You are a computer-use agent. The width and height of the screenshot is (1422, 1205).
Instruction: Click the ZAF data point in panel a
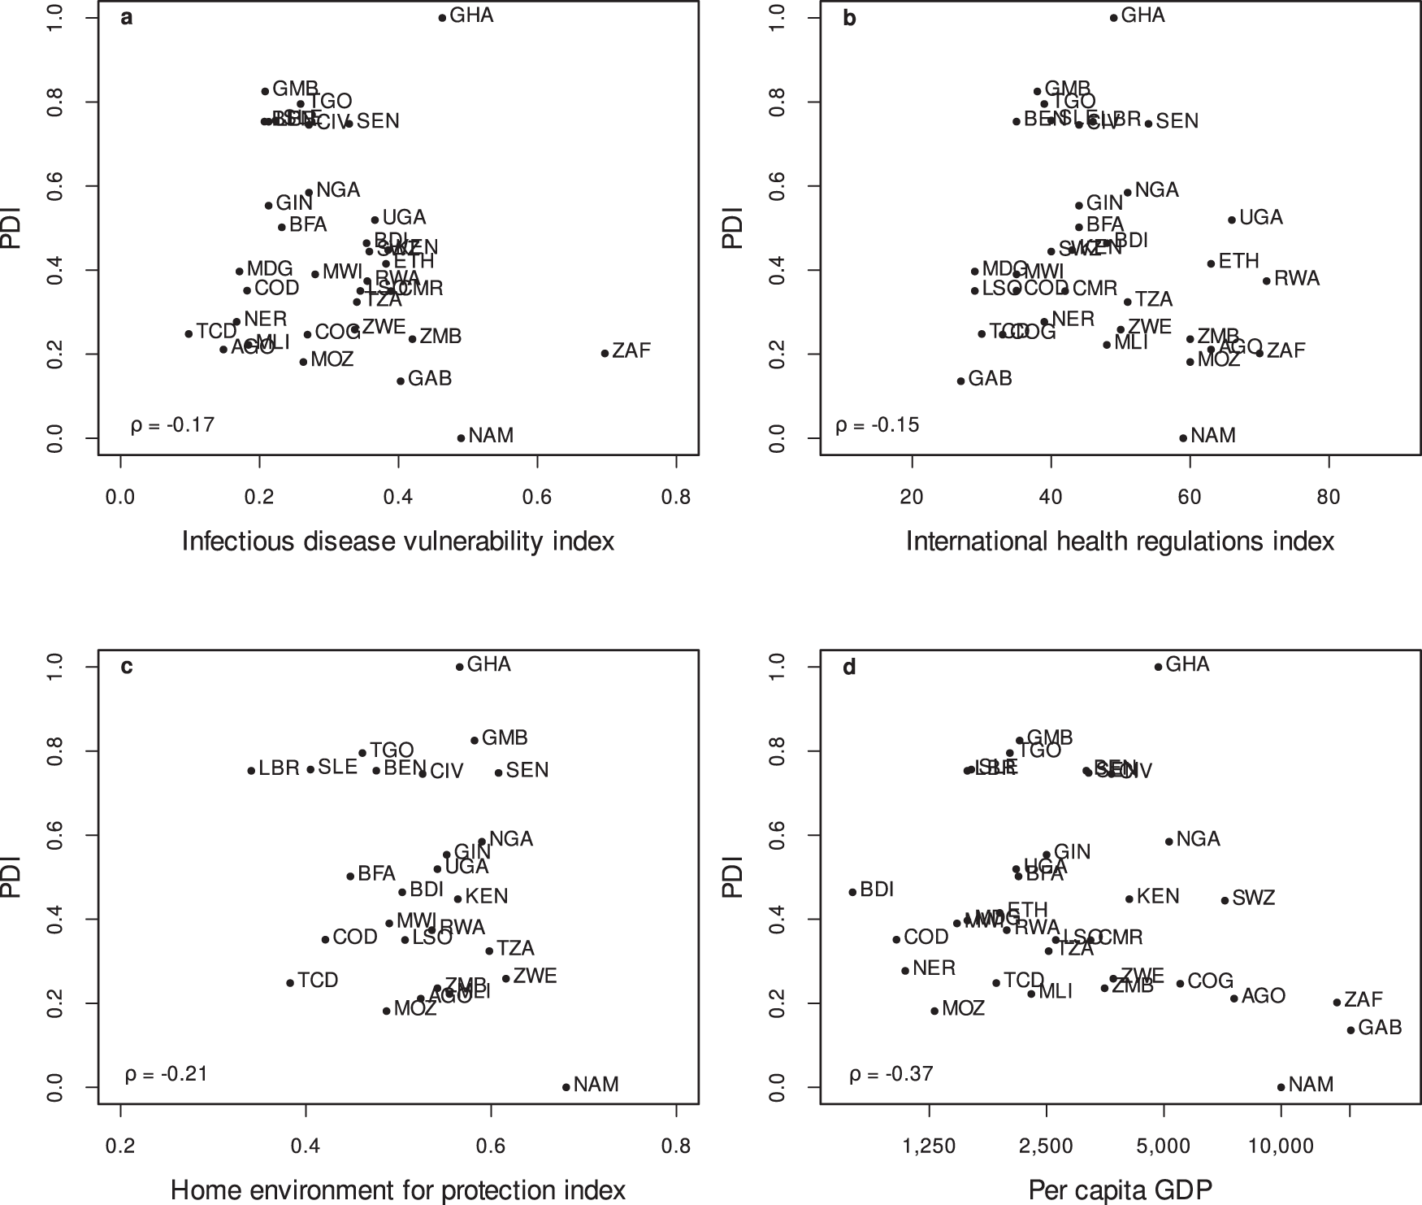605,353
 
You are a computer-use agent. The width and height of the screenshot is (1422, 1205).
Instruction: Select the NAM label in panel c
596,1084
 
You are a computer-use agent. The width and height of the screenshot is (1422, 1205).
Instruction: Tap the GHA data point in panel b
1114,17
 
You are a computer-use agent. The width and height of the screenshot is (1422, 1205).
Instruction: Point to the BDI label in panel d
877,890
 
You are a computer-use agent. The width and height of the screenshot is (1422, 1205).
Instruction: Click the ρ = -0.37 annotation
891,1074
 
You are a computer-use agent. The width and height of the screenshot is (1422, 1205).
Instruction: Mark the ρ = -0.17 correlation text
172,424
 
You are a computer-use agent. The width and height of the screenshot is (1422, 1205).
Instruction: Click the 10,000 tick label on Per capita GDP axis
1281,1146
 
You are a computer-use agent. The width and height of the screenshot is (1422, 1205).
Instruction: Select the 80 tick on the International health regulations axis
1329,497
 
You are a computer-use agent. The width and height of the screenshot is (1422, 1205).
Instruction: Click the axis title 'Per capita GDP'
1121,1190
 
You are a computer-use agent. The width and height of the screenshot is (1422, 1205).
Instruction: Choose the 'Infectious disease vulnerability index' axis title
397,541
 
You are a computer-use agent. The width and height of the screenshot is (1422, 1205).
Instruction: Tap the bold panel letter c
127,667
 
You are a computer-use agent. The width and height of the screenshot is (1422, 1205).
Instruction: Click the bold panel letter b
850,18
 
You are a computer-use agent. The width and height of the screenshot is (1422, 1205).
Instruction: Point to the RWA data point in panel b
1266,281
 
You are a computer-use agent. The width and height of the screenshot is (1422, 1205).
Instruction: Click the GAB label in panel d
1380,1027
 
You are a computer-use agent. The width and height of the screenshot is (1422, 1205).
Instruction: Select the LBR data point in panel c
252,770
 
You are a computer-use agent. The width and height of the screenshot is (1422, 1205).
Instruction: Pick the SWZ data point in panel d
1225,900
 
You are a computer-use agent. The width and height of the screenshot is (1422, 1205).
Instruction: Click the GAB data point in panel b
960,381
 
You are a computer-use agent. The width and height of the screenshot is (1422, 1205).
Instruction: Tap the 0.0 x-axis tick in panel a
120,497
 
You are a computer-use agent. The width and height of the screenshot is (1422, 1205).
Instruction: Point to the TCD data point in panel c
290,983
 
